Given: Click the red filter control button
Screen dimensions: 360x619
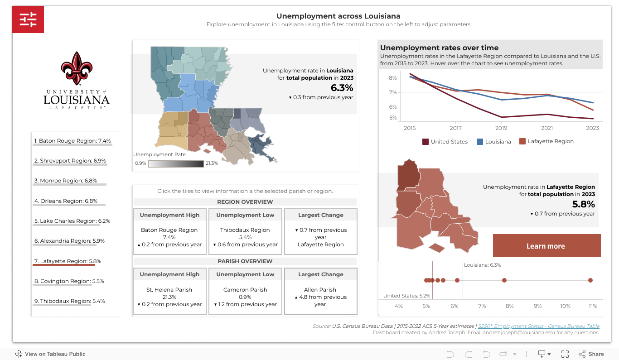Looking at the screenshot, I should click(28, 20).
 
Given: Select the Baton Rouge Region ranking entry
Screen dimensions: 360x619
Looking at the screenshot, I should click(73, 141).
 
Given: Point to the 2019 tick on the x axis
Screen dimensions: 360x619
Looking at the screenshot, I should click(501, 128).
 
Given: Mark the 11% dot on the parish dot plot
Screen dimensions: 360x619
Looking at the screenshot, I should click(590, 280).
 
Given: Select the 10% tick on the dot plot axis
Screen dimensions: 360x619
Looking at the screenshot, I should click(565, 306).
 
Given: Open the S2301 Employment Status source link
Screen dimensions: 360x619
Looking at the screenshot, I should click(538, 326).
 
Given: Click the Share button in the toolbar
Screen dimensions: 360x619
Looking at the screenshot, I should click(591, 354).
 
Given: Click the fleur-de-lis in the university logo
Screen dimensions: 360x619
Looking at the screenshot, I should click(77, 68).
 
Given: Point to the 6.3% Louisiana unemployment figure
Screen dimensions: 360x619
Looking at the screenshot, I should click(343, 87).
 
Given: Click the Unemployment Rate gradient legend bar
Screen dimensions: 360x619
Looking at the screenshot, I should click(176, 163).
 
